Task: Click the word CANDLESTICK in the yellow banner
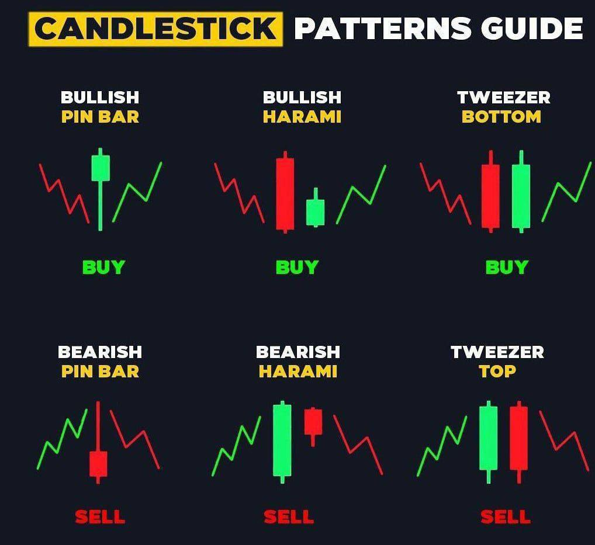(x=155, y=29)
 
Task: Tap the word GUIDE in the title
(x=531, y=29)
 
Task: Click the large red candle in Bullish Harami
(x=285, y=193)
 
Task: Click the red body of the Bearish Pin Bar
(x=98, y=463)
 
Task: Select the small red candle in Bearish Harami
(x=313, y=421)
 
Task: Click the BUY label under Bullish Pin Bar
(x=103, y=268)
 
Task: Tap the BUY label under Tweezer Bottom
(x=507, y=268)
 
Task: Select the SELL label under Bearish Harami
(x=289, y=517)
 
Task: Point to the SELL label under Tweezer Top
(x=506, y=517)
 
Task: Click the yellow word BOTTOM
(x=501, y=117)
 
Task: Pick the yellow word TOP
(x=497, y=372)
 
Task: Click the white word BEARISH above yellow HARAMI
(x=298, y=352)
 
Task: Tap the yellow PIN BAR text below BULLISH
(x=100, y=117)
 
